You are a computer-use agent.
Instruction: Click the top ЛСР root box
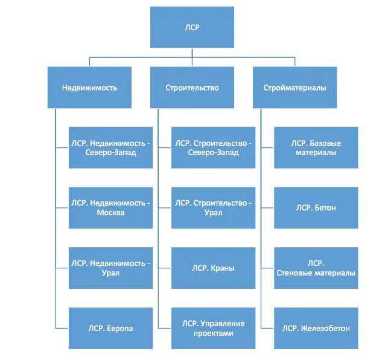click(192, 28)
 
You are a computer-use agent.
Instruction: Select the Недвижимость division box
click(89, 87)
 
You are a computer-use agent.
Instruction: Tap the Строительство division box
click(192, 87)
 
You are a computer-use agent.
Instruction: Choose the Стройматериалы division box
click(295, 87)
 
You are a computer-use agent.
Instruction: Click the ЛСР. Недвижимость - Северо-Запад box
click(110, 147)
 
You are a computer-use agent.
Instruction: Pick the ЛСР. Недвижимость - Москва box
click(110, 207)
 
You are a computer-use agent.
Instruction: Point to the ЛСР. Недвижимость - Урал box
click(110, 268)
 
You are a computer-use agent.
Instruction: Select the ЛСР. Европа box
click(110, 328)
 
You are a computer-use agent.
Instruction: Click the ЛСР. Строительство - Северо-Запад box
click(213, 147)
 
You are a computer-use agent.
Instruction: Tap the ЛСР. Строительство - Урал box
click(213, 207)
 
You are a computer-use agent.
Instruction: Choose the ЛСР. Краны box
click(213, 268)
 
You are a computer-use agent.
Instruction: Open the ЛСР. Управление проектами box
click(213, 328)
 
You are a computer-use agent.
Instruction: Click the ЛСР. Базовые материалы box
click(316, 147)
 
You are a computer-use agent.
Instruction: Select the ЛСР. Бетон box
click(316, 207)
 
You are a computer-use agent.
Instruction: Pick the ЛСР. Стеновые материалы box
click(316, 268)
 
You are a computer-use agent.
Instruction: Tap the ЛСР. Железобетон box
click(316, 328)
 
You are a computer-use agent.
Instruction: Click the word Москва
click(111, 213)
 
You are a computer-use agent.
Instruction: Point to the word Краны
click(223, 268)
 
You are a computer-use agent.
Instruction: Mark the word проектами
click(214, 333)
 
